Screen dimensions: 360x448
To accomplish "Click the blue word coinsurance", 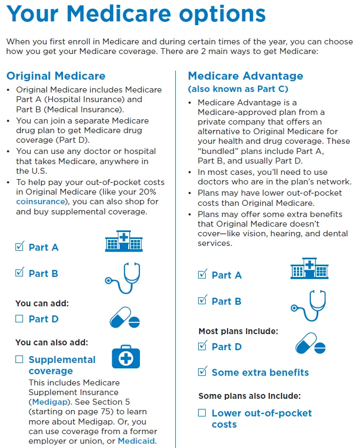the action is click(41, 202).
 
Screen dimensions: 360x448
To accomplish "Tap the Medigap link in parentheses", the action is click(50, 402).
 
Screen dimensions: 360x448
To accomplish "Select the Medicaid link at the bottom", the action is click(136, 441).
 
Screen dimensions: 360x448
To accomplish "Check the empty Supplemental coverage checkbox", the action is click(19, 359).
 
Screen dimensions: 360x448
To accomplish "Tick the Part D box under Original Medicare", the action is click(19, 319).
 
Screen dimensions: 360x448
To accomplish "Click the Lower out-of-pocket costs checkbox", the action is click(202, 413).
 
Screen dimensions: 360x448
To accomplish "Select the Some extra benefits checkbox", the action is click(202, 371).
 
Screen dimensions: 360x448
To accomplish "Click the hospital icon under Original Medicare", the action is click(124, 241).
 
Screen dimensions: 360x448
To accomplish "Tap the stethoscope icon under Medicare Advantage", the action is click(308, 305).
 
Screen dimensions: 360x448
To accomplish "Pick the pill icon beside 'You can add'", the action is click(125, 318).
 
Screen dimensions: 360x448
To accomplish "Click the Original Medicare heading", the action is click(56, 76).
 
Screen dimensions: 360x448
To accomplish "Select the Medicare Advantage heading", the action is click(246, 76).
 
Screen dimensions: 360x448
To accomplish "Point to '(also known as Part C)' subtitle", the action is click(238, 89).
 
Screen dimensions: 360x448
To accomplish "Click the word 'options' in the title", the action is click(222, 14).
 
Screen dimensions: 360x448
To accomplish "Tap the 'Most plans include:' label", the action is click(238, 331).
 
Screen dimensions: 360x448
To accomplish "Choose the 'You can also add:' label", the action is click(52, 342).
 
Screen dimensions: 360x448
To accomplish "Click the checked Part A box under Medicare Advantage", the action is click(202, 274).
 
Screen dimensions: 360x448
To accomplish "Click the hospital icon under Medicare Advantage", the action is click(309, 268).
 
